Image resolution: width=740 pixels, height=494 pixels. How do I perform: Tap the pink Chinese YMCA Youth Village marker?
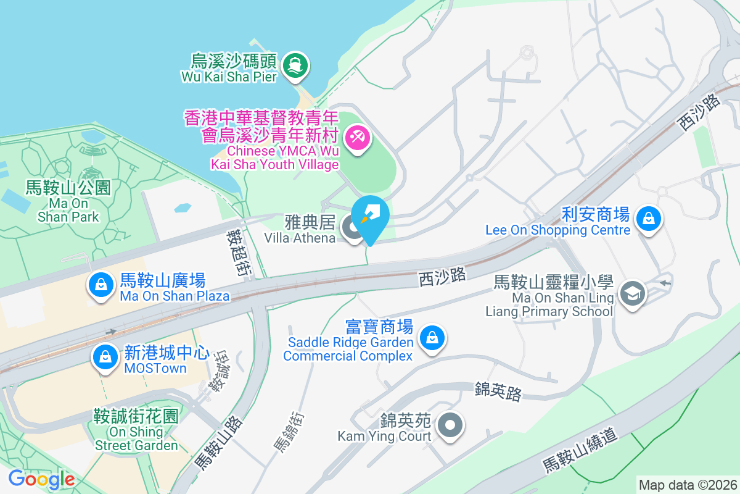[x=357, y=136]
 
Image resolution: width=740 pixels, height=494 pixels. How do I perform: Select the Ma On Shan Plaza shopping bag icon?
[x=99, y=285]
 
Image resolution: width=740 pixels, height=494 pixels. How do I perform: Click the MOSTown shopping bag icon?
[x=105, y=357]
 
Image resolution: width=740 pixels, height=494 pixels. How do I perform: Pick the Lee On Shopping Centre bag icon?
[x=649, y=219]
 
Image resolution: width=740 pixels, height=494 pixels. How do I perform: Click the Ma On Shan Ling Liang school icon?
[x=633, y=293]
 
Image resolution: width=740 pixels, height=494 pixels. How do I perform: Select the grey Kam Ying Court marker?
[x=450, y=425]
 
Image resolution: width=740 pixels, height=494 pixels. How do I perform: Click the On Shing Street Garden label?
[x=136, y=430]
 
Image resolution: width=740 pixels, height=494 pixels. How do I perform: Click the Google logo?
[x=41, y=479]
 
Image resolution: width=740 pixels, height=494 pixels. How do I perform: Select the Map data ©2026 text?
[x=687, y=485]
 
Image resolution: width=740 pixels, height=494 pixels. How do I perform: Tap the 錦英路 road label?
[x=498, y=390]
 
